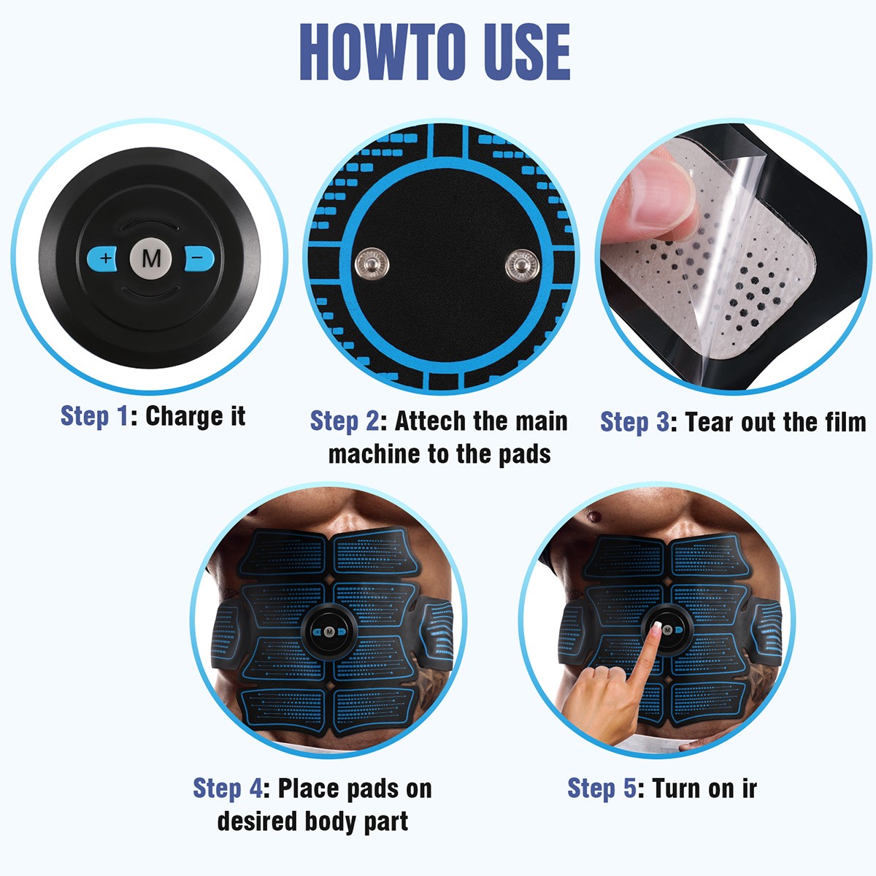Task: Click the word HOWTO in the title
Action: point(383,53)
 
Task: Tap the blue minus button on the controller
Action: point(199,258)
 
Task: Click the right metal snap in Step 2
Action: point(523,264)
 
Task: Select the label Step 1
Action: point(95,416)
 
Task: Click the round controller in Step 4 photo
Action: point(329,632)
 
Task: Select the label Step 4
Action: point(228,788)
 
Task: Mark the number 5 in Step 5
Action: point(630,788)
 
